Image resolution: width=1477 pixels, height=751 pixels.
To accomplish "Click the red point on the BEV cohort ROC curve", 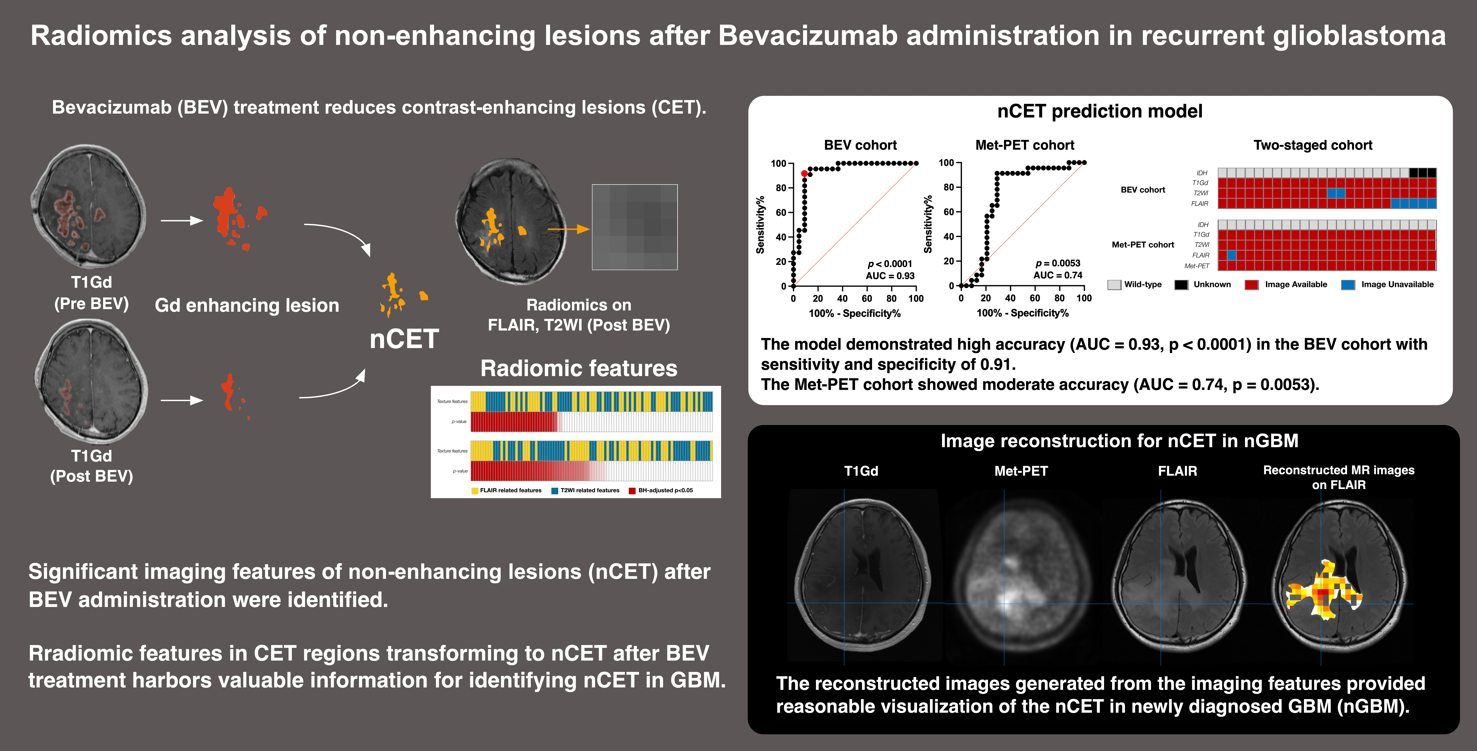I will click(804, 174).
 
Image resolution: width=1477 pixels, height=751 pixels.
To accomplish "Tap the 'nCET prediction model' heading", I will click(1100, 111).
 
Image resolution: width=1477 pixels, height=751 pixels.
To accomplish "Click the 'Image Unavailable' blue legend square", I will click(1348, 285).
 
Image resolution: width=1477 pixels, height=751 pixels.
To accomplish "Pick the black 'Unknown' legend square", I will click(1181, 285).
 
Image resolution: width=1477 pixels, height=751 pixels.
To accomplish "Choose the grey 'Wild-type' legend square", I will click(1114, 285).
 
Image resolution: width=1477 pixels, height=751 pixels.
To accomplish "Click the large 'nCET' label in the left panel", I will click(404, 339).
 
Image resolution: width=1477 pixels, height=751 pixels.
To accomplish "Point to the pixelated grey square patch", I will click(635, 227).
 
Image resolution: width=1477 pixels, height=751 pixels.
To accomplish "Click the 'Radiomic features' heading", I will click(579, 368).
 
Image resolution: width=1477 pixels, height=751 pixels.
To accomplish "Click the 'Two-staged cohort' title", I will click(1312, 145).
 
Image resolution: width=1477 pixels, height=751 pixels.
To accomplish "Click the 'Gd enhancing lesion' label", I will click(247, 305).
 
